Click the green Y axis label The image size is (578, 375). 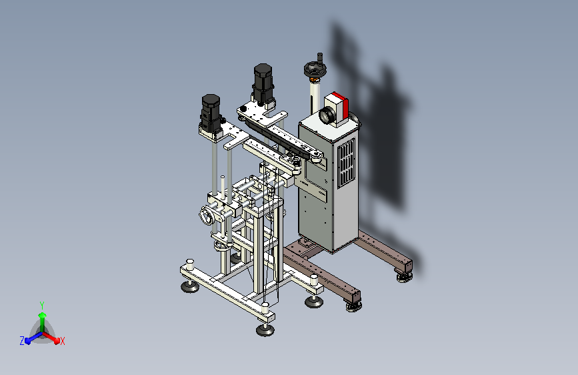point(42,306)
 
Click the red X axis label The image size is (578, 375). point(62,341)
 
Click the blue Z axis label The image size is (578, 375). point(22,341)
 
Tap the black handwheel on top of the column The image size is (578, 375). point(314,68)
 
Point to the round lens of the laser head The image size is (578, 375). point(327,115)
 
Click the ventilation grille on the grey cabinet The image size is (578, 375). point(346,162)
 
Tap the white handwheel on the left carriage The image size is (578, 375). point(206,215)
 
